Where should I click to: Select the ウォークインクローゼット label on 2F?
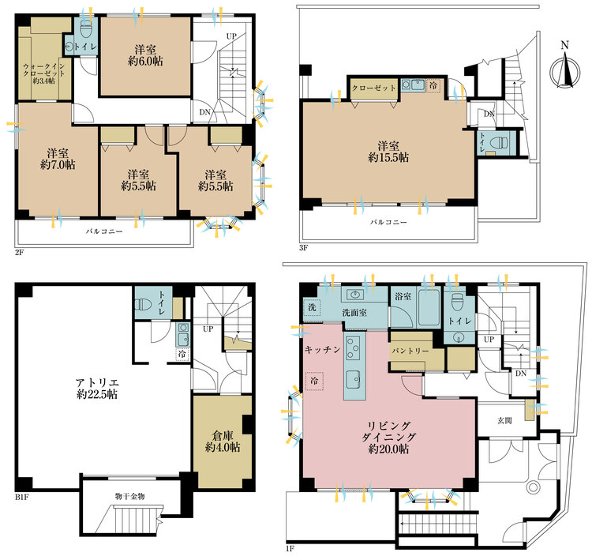[x=43, y=73]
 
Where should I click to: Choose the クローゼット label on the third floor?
[x=373, y=88]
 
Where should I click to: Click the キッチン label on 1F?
[x=320, y=348]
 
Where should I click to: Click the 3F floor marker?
[x=302, y=246]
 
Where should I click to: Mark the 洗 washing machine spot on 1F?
[x=312, y=307]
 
